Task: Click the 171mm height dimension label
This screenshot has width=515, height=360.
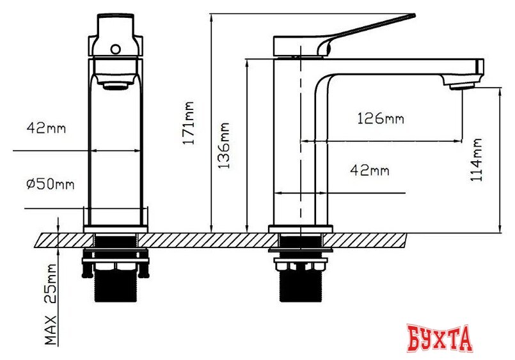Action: pos(189,123)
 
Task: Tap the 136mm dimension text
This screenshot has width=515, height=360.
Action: pos(225,146)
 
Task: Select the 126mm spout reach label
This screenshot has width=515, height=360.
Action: pos(381,118)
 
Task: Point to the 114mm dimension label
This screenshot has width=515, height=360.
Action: pos(476,159)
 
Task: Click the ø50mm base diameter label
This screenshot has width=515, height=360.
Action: pos(51,184)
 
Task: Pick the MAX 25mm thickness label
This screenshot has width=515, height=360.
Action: pos(51,304)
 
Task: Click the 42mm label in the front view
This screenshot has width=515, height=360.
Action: pos(46,128)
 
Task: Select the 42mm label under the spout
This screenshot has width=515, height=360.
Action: pos(370,170)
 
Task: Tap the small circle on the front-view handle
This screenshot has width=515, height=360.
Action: pos(116,49)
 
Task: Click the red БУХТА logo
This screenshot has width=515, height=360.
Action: pos(440,338)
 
